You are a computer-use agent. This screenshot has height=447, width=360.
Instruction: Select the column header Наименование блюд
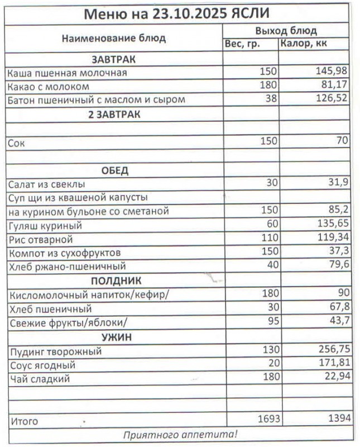click(x=114, y=39)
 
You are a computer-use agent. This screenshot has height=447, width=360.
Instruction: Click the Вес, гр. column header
click(x=243, y=44)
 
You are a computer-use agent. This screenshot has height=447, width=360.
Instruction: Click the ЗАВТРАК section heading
click(x=114, y=59)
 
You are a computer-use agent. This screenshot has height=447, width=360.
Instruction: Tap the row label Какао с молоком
click(x=49, y=87)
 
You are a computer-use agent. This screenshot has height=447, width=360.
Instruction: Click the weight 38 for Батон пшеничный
click(x=270, y=100)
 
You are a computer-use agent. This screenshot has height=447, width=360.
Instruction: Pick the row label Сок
click(x=16, y=143)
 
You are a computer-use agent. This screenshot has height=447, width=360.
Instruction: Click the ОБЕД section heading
click(x=114, y=170)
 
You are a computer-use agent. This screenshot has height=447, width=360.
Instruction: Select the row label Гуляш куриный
click(x=45, y=226)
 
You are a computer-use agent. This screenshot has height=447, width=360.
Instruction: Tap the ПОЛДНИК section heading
click(x=114, y=280)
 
